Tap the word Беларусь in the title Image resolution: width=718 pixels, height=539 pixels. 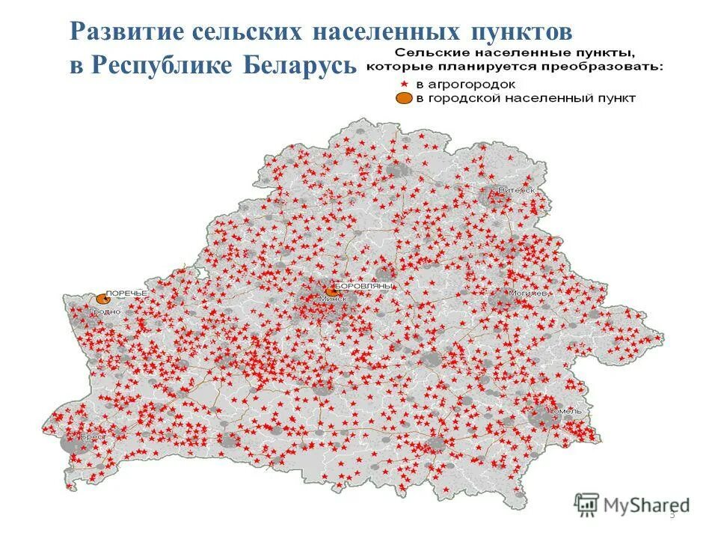point(298,65)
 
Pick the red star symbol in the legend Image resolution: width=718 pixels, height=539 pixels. point(406,83)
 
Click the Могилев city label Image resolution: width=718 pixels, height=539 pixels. point(529,293)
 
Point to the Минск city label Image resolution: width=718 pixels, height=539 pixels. point(333,299)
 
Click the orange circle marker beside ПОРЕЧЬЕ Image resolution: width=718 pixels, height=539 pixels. point(102,299)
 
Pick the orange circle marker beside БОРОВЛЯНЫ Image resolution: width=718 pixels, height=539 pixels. point(330,290)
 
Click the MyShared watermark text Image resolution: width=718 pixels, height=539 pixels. point(646,504)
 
